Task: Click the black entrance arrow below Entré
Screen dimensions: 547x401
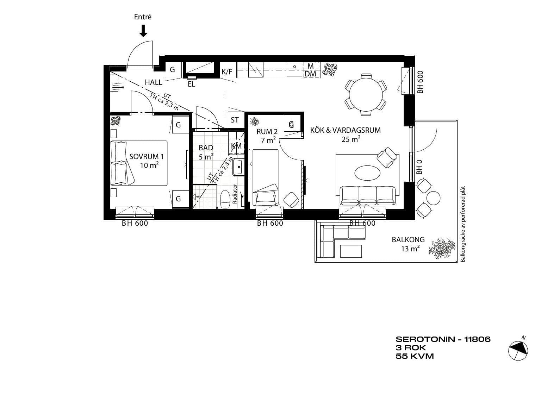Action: click(x=143, y=31)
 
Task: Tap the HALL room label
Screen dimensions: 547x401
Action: click(x=153, y=82)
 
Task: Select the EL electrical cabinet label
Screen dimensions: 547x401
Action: click(x=192, y=84)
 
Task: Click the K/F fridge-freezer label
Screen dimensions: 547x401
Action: click(x=227, y=72)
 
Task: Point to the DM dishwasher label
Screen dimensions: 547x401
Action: click(x=310, y=74)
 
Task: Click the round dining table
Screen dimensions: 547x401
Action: click(x=366, y=94)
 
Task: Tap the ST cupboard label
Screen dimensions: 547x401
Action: click(x=235, y=120)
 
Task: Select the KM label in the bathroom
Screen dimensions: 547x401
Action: click(x=236, y=146)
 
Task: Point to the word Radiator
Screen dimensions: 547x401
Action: click(x=235, y=194)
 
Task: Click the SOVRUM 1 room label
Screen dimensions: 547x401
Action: click(x=147, y=156)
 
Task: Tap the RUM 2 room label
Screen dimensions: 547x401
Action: click(x=267, y=132)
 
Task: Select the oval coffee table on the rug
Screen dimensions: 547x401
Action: click(x=367, y=173)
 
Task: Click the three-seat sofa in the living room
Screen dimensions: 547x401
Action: click(x=367, y=195)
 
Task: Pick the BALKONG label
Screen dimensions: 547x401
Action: click(x=408, y=240)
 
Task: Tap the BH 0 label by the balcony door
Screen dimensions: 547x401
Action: click(x=419, y=167)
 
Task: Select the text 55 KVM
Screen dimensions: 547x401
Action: click(x=415, y=356)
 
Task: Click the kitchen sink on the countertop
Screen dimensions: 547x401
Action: click(x=294, y=70)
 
